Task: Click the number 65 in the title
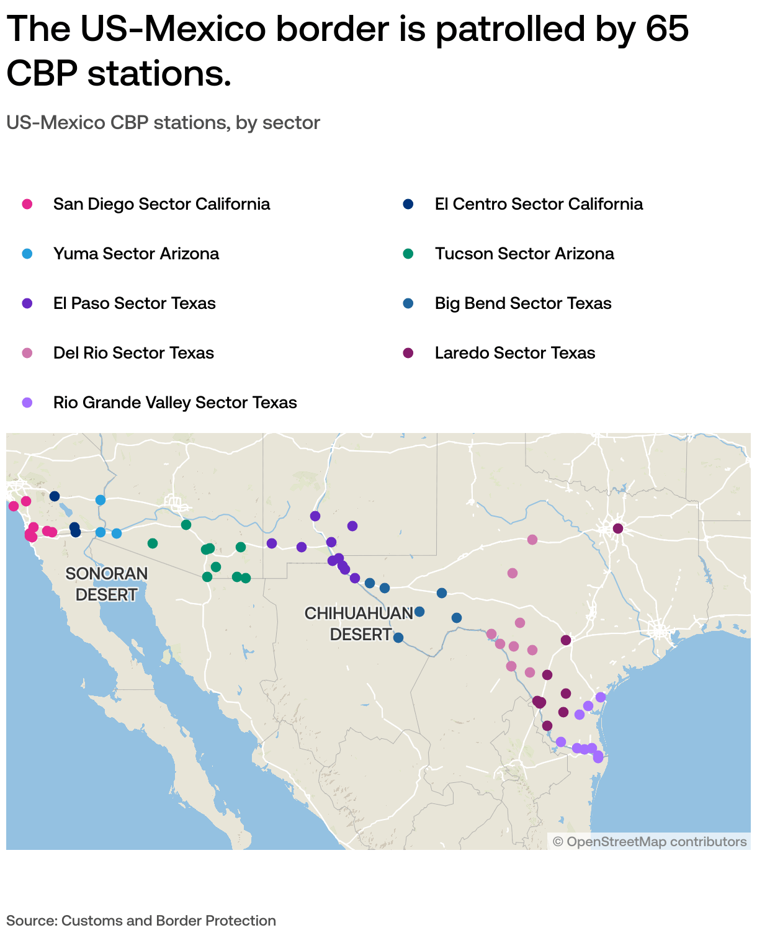[x=666, y=29]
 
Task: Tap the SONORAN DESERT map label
[x=106, y=584]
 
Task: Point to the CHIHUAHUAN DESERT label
[x=359, y=623]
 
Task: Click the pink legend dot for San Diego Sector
[x=27, y=204]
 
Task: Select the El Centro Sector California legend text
[x=538, y=204]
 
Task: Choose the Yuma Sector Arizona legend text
[x=136, y=254]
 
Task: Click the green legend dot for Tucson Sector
[x=408, y=254]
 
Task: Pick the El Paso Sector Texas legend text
[x=134, y=303]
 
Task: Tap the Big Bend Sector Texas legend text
[x=522, y=303]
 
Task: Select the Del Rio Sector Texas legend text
[x=133, y=353]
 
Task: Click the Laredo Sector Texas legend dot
[x=408, y=353]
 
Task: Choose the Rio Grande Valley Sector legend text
[x=175, y=403]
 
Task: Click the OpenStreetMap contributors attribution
[x=650, y=841]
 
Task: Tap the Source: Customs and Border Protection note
[x=141, y=921]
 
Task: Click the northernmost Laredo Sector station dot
[x=618, y=529]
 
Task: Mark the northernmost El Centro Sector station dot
[x=55, y=496]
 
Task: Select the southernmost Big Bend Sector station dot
[x=398, y=638]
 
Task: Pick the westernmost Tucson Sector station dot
[x=153, y=543]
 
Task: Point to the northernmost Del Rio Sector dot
[x=532, y=540]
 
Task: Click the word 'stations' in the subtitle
[x=191, y=123]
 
